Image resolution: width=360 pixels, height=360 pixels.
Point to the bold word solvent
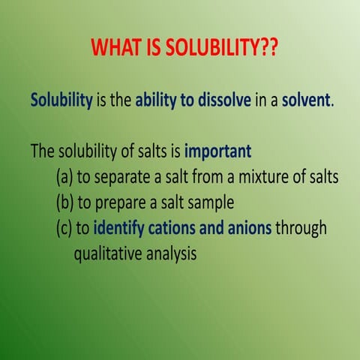click(305, 100)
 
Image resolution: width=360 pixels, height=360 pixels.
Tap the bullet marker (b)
click(65, 202)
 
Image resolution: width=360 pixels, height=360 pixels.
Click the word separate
click(122, 177)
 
